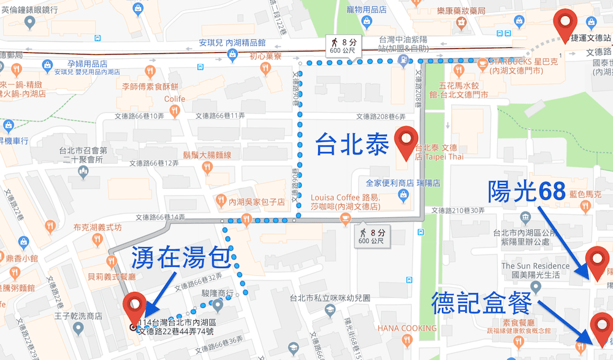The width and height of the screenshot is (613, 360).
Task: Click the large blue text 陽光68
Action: coord(527,192)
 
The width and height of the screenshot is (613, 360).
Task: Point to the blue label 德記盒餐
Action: coord(484,303)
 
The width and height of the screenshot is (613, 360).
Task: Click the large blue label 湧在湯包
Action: coord(180,260)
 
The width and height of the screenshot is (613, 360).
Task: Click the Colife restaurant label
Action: coord(174,99)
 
